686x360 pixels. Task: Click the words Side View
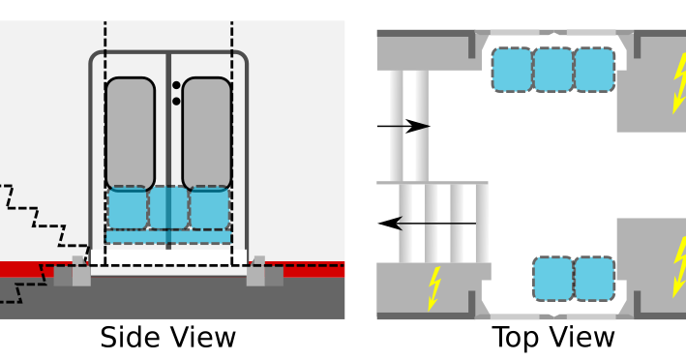167,338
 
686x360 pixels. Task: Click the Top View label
552,338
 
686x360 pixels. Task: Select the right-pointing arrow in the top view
404,126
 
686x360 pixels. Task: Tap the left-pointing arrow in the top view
427,224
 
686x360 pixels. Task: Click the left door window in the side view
130,133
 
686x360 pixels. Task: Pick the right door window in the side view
206,133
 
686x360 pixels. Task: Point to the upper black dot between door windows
176,85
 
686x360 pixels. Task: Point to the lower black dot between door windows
176,99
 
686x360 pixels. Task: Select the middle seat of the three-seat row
553,70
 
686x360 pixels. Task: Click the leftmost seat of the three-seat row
513,70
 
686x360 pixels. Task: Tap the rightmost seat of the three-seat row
594,70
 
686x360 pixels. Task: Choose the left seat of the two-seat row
553,278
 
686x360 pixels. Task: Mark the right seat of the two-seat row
594,278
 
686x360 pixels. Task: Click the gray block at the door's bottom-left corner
81,272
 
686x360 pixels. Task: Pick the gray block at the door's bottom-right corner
256,273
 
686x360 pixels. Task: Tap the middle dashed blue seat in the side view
168,207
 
